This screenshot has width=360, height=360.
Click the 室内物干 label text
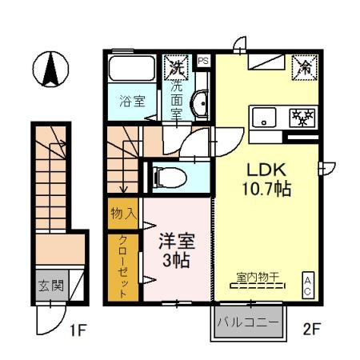coord(257,278)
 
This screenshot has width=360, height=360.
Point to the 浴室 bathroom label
coord(132,102)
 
